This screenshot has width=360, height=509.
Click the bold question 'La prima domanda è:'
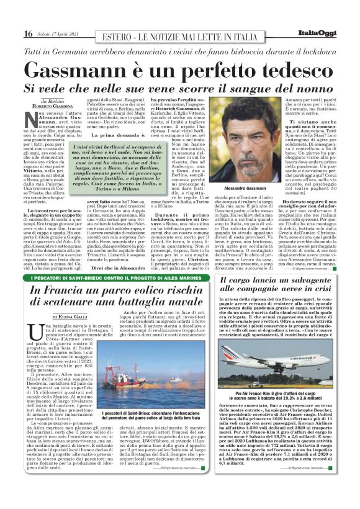tap(128, 136)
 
